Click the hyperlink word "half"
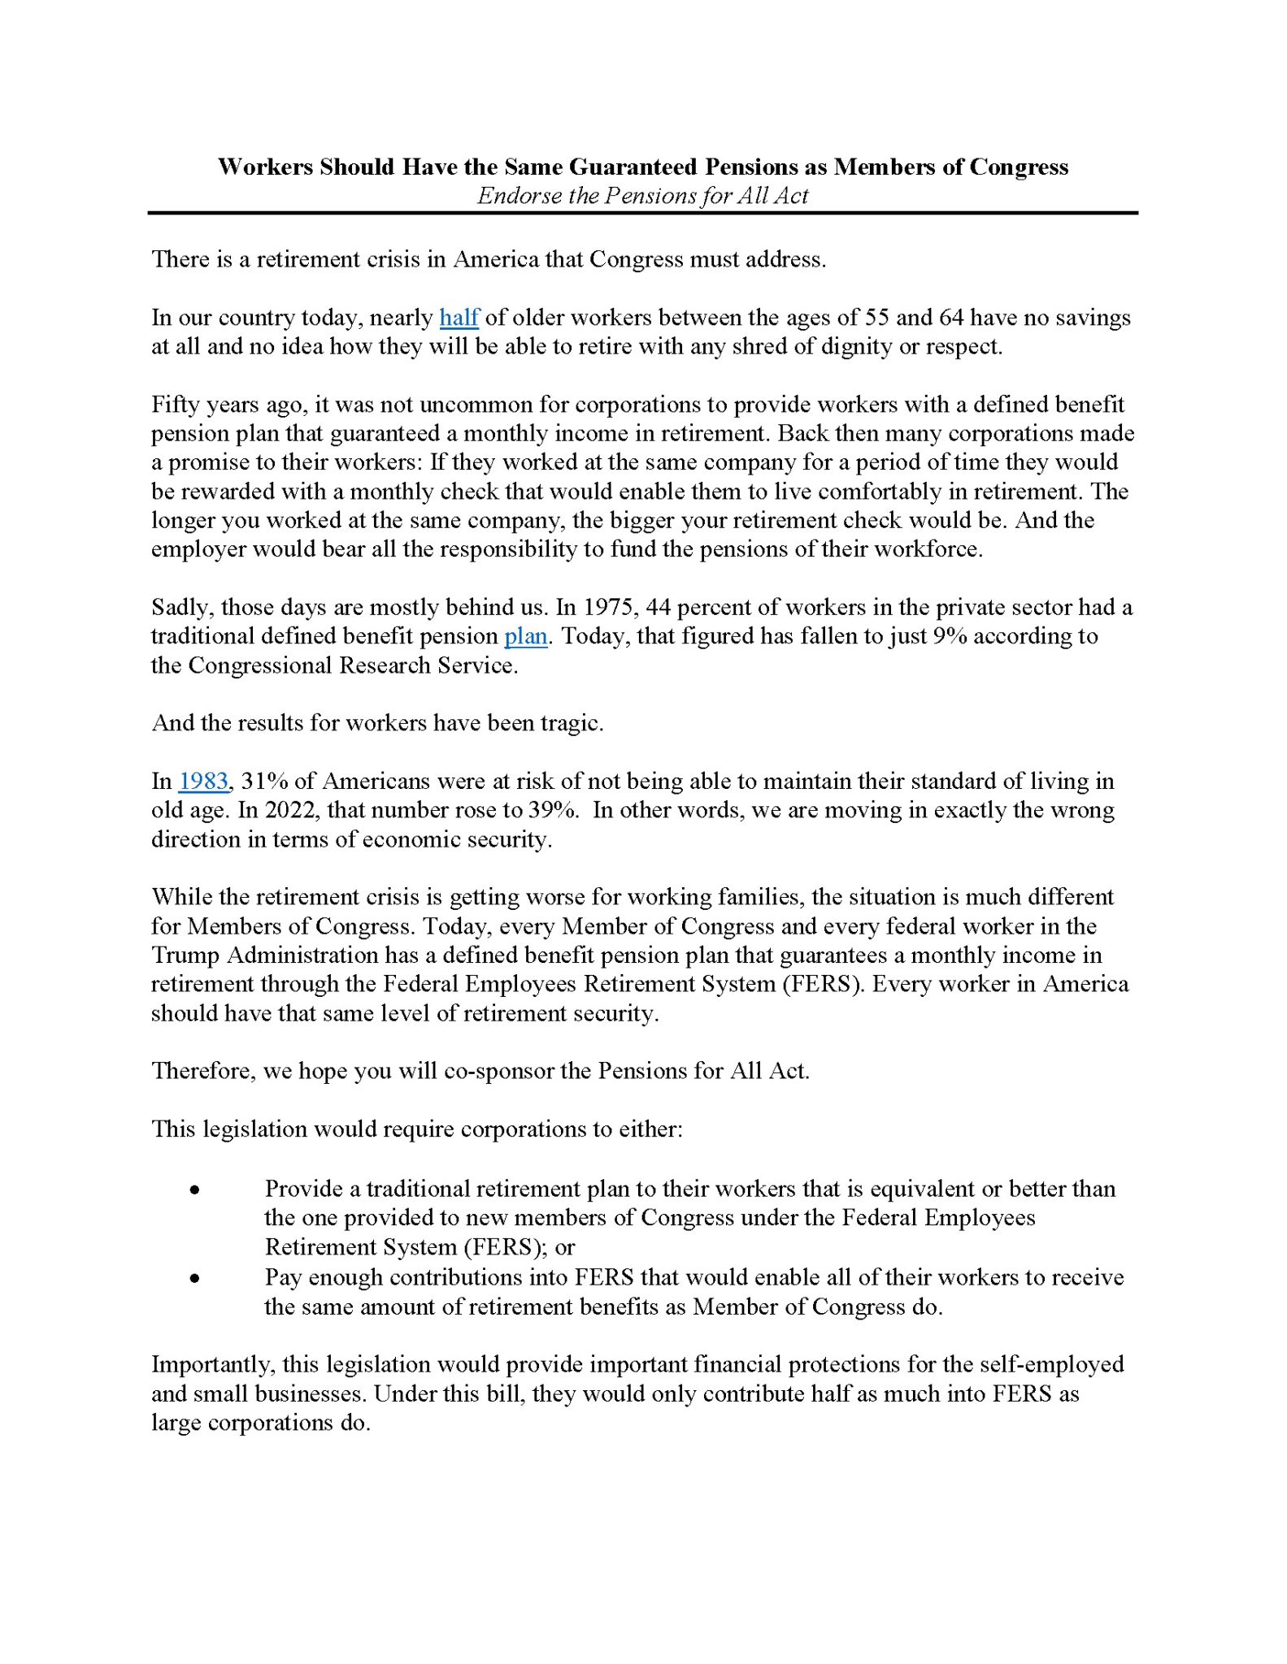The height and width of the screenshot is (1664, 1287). [x=459, y=318]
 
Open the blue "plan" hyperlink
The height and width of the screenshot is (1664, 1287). [x=525, y=636]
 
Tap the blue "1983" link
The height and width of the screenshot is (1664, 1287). [x=203, y=782]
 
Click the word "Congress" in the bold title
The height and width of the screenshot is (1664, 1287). [x=1019, y=167]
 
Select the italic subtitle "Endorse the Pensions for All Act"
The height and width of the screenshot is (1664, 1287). [x=642, y=196]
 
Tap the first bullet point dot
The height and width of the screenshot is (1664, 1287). [x=194, y=1190]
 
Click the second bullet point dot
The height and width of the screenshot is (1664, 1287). [x=194, y=1278]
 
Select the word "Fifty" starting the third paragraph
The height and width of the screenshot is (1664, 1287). [x=173, y=405]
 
